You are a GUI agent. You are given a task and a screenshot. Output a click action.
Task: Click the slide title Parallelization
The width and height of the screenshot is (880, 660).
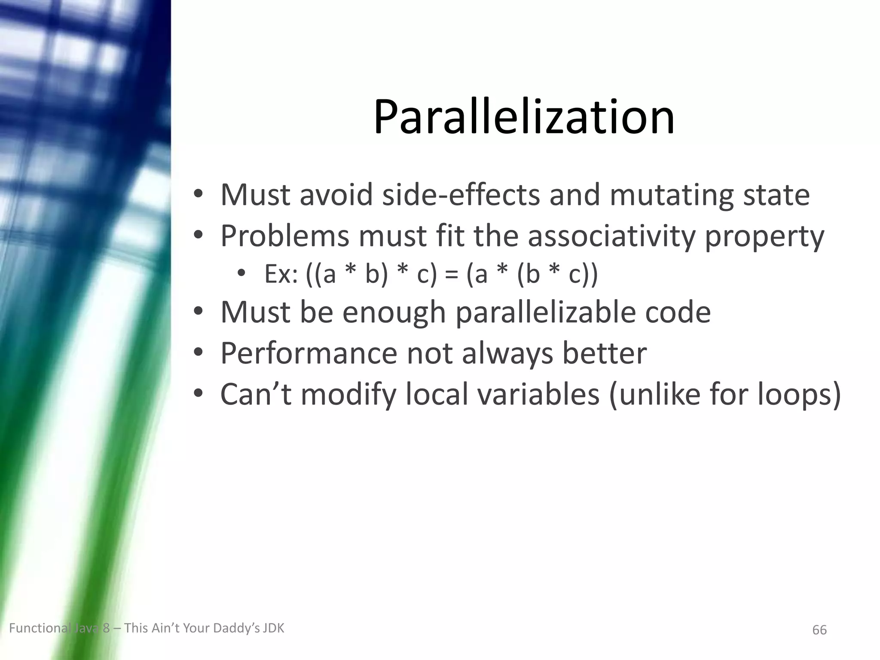point(524,117)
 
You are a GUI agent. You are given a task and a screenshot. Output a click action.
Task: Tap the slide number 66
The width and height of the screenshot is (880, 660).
point(819,630)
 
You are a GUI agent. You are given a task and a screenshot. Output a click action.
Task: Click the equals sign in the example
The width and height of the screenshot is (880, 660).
point(451,275)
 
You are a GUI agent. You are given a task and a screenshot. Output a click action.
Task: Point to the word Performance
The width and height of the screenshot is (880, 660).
point(309,353)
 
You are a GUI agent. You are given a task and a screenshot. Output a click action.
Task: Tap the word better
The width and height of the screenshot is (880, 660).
point(604,353)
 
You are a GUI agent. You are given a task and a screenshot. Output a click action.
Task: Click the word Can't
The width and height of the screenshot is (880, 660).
point(256,394)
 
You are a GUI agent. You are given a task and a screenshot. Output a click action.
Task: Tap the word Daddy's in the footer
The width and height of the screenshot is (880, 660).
point(237,628)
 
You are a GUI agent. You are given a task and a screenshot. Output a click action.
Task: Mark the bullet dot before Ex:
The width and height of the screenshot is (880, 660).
point(241,274)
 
